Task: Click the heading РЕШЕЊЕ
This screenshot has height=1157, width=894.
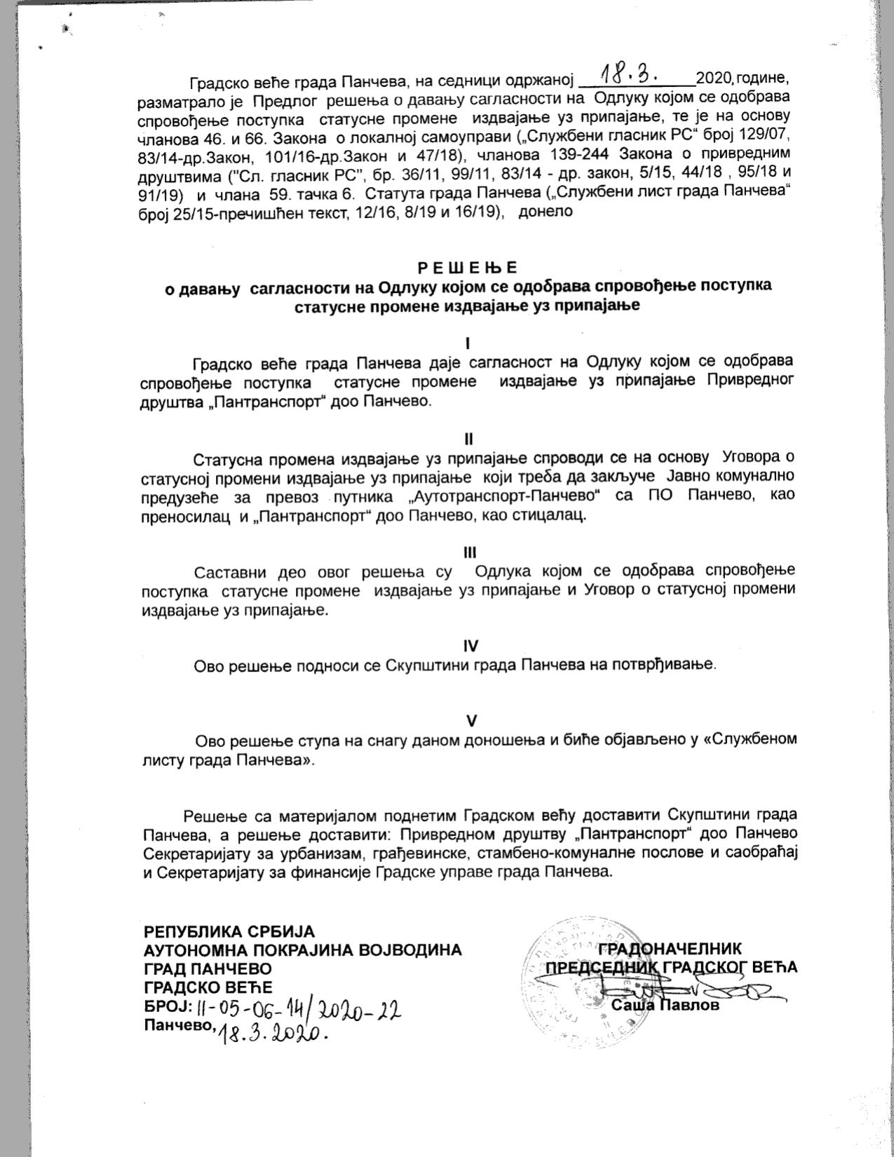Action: click(x=467, y=268)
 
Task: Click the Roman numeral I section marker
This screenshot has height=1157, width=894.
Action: click(x=468, y=343)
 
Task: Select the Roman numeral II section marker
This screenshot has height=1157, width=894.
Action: click(x=468, y=439)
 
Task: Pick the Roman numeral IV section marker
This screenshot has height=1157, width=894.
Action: click(x=470, y=645)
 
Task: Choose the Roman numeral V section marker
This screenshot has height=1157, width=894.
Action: click(x=472, y=720)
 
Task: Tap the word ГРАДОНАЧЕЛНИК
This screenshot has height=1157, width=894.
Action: click(x=669, y=949)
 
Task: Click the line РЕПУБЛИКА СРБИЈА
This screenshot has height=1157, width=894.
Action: click(x=229, y=932)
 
